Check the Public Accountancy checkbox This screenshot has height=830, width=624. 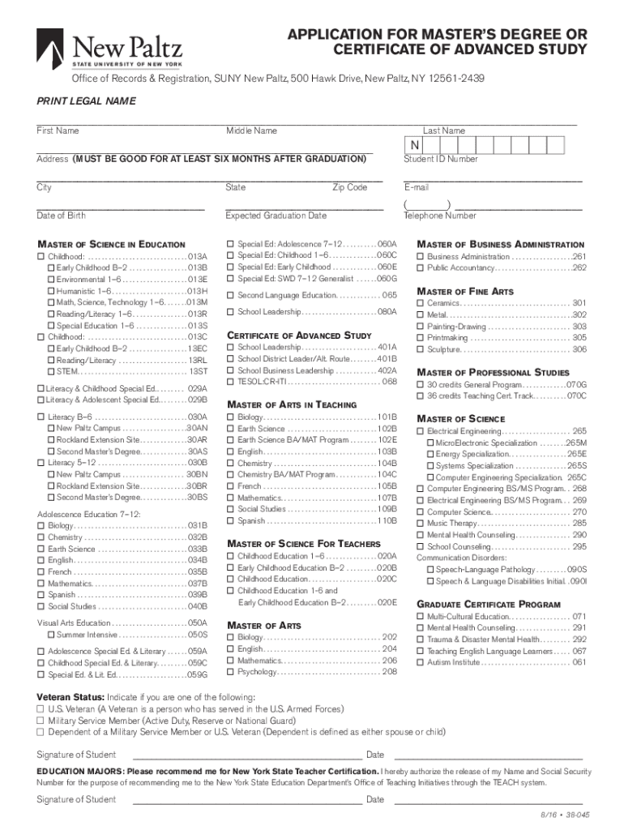[x=420, y=268]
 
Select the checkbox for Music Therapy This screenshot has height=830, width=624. [x=420, y=524]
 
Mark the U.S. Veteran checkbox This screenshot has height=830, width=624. [x=41, y=709]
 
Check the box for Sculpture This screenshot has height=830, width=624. [x=420, y=349]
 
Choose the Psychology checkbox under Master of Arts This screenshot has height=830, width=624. [x=230, y=672]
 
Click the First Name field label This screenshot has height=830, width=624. [x=58, y=130]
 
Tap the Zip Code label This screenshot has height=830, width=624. [x=349, y=187]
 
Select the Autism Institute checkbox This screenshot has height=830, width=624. [x=420, y=662]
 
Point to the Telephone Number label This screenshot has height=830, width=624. [x=439, y=216]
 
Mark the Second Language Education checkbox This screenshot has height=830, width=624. [x=230, y=296]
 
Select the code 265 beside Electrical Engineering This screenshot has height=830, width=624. [x=579, y=431]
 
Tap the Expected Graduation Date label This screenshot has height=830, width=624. [x=276, y=216]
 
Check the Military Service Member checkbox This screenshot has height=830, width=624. [x=41, y=721]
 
